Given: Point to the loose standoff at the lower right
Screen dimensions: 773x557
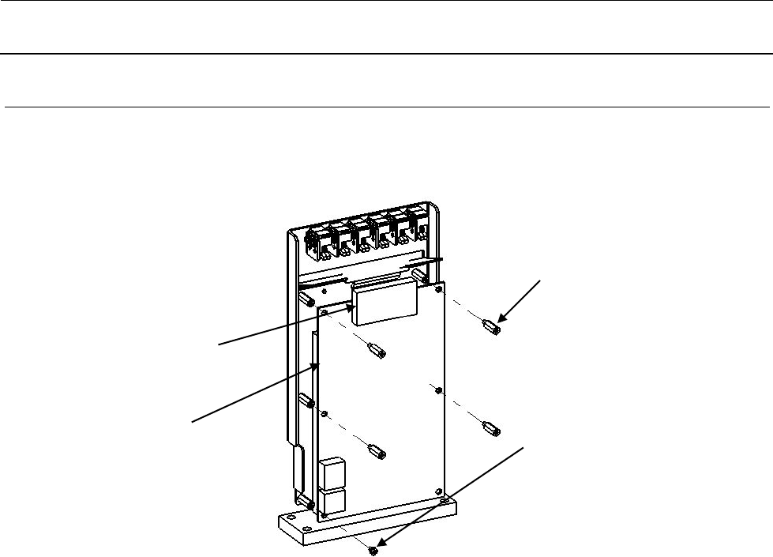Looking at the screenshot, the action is (488, 429).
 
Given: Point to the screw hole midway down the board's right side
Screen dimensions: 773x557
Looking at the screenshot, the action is (438, 388).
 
